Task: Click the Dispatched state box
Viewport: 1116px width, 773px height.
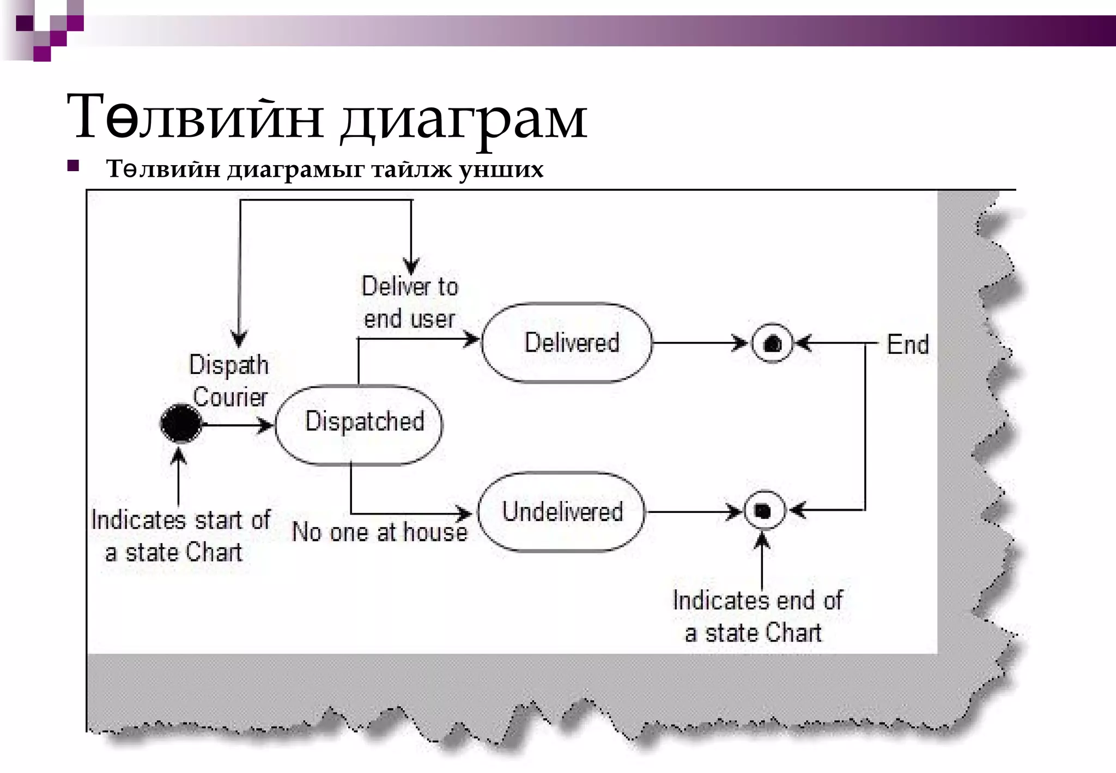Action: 359,425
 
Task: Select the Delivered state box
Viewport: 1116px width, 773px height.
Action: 567,343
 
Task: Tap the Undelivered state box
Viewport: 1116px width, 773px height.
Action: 561,512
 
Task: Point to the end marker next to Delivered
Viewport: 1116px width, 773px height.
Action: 772,344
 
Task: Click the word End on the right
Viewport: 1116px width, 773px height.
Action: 907,345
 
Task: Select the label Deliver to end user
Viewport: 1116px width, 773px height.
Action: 410,303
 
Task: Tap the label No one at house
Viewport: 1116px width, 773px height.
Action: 380,532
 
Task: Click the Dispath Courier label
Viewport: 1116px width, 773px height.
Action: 229,381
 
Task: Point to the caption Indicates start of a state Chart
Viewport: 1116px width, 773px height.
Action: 180,536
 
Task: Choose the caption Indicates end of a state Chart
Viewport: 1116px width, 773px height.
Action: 757,617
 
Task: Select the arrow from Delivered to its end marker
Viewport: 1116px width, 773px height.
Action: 697,343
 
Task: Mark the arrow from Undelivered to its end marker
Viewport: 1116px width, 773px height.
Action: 692,512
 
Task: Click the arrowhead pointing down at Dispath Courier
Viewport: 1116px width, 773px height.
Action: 239,338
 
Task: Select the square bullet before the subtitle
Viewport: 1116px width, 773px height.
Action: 73,166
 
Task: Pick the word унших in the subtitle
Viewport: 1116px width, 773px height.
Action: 501,169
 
